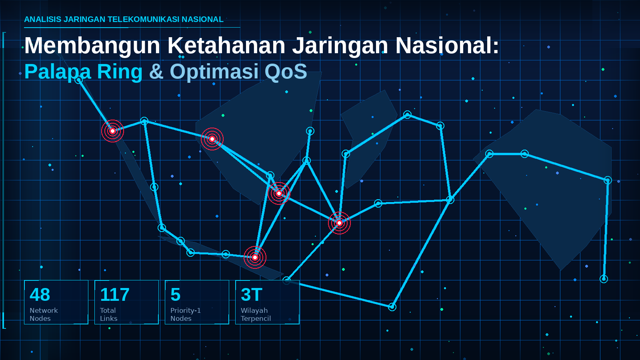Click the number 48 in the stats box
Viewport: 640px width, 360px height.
40,294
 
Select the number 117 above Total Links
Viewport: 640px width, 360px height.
114,294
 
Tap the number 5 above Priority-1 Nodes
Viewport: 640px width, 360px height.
176,294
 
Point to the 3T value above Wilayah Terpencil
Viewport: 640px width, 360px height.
252,294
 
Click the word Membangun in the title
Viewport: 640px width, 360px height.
92,46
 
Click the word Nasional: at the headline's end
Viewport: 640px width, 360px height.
447,45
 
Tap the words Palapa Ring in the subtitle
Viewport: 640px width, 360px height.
83,72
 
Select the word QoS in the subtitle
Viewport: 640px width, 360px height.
286,72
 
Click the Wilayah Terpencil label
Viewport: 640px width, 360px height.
256,314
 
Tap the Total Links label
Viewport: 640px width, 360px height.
108,314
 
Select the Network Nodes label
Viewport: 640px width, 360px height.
44,314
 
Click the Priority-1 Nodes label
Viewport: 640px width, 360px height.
186,314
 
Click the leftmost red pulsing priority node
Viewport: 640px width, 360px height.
112,131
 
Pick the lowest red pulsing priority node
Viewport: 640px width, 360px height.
255,258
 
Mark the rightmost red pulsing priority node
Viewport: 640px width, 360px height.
340,223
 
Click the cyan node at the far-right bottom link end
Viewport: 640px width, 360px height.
604,278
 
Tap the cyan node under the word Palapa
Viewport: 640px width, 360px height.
79,80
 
